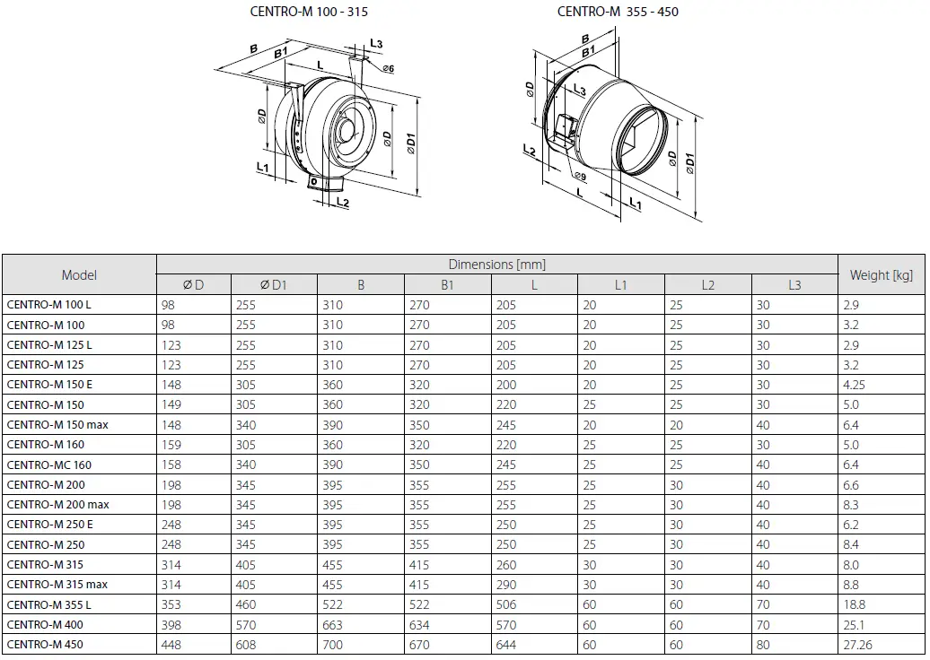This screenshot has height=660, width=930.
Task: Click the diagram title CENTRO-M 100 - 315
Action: tap(308, 12)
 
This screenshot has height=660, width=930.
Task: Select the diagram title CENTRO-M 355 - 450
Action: tap(618, 12)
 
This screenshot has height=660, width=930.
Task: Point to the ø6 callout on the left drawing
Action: tap(388, 69)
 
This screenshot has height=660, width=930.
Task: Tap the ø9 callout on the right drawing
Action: tap(579, 177)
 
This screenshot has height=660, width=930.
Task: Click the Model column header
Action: tap(79, 275)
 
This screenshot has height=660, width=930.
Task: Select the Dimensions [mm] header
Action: tap(496, 265)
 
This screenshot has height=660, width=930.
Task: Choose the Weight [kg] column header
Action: tap(881, 275)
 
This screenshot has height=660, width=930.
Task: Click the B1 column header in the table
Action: tap(446, 285)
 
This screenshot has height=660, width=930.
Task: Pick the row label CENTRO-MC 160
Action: tap(49, 465)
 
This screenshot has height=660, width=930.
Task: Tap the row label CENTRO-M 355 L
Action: tap(49, 604)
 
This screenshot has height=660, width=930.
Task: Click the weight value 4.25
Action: tap(855, 385)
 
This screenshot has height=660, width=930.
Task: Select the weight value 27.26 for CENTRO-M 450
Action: tap(857, 645)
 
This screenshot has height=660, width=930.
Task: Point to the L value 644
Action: tap(506, 645)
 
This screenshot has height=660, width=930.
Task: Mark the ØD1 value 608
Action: tap(246, 645)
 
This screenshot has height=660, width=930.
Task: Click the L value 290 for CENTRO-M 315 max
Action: tap(506, 585)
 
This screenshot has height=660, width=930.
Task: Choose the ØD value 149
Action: tap(171, 404)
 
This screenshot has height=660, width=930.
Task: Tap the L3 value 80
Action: tap(763, 645)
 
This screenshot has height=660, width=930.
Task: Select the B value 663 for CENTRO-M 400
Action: tap(333, 625)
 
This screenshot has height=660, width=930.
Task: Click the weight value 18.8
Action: tap(855, 604)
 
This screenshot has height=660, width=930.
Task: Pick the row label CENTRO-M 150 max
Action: tap(57, 425)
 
